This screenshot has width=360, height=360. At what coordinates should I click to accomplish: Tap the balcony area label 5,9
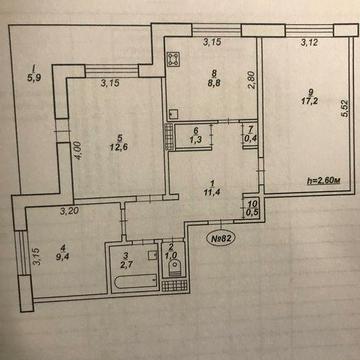coord(34,77)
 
